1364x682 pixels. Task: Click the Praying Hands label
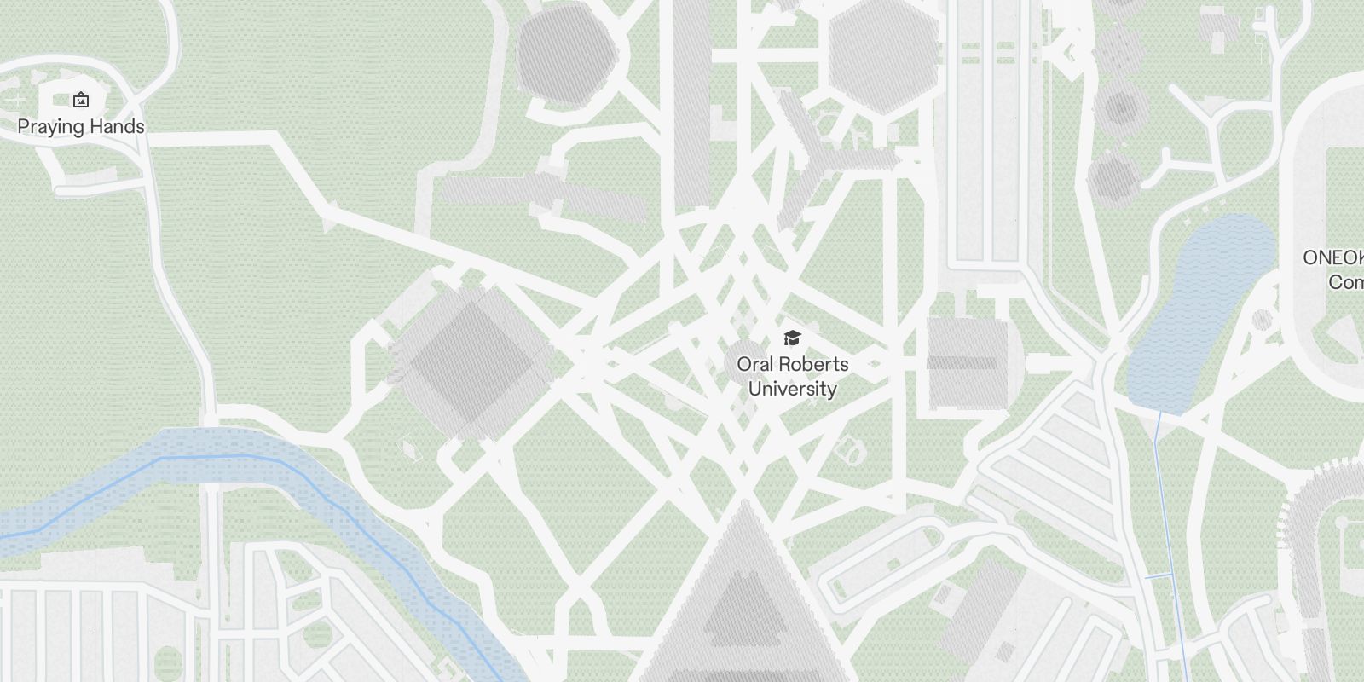pos(81,126)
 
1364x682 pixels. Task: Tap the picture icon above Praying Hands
pos(81,101)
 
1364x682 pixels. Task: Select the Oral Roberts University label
pos(792,376)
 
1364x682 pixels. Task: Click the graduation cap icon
pos(792,338)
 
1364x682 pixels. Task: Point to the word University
pos(792,389)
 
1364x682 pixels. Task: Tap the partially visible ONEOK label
pos(1334,257)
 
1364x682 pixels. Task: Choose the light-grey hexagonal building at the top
pos(881,55)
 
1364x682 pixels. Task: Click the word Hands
pos(115,126)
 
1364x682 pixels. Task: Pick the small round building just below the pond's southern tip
pos(1262,321)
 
